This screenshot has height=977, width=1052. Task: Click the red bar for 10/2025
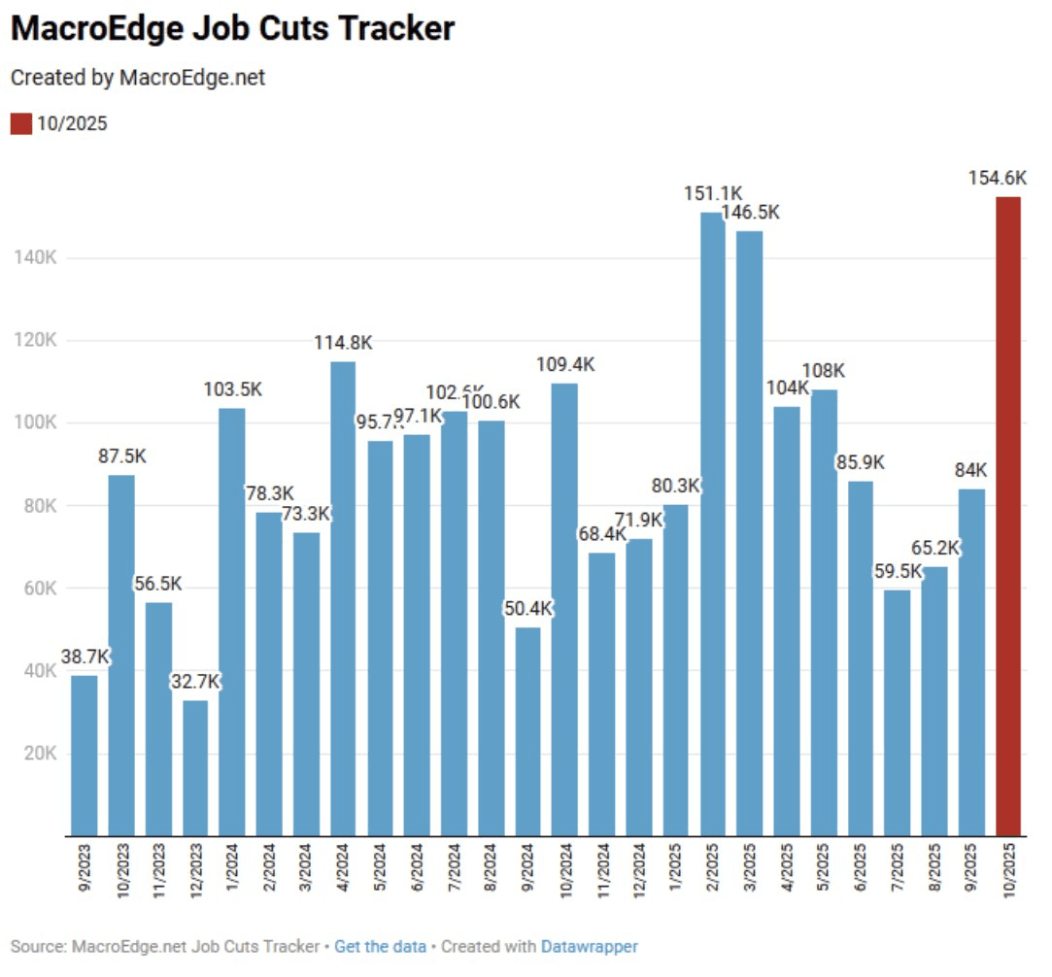tap(1008, 515)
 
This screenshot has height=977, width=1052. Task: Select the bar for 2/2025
tap(712, 524)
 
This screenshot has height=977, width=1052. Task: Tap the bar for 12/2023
tap(195, 767)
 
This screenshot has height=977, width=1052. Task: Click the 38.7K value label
tap(84, 657)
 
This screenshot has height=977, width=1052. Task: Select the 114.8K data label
tap(343, 343)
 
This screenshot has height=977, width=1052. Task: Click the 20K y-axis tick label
tap(39, 754)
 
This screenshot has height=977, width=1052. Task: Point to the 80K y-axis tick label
tap(39, 506)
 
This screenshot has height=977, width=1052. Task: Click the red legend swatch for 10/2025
tap(21, 123)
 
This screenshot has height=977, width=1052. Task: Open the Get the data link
tap(380, 946)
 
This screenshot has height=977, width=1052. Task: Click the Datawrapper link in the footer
tap(589, 946)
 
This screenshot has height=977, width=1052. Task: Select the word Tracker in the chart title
tap(397, 29)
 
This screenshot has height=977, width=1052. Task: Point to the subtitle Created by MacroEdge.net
tap(138, 78)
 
